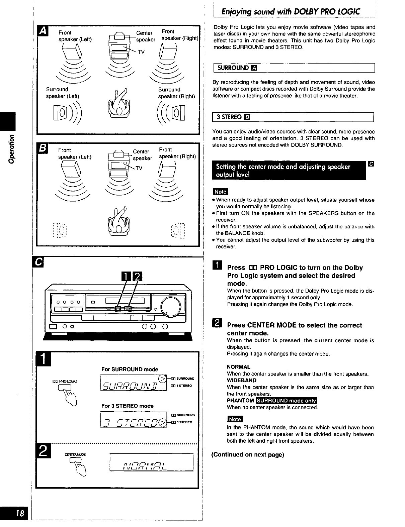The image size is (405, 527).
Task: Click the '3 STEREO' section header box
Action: coord(293,117)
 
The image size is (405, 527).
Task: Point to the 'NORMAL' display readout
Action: coord(151,462)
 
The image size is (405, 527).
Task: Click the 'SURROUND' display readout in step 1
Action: coord(134,383)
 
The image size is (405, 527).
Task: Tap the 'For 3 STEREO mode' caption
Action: coord(128,406)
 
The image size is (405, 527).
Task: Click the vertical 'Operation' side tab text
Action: coord(12,149)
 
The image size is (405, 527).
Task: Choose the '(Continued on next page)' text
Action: coord(248,455)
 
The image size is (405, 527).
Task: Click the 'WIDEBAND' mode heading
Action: coord(241,381)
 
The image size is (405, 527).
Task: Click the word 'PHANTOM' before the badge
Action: coord(240,401)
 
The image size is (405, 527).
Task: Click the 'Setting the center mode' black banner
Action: coord(289,171)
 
